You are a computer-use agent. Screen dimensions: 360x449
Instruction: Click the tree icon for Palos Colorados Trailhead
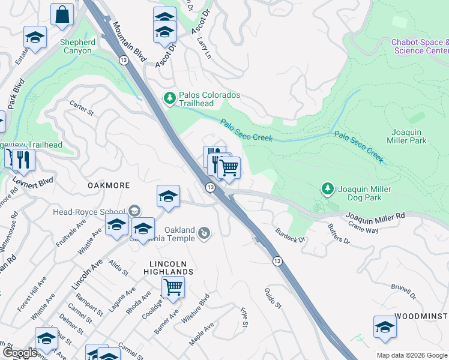point(170,98)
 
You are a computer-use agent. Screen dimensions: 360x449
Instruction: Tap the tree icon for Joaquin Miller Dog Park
point(328,190)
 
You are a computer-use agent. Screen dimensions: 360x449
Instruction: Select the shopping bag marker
point(62,15)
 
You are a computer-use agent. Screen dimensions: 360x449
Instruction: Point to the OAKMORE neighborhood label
point(109,185)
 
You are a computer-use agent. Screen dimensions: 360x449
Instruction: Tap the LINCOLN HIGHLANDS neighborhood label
point(172,268)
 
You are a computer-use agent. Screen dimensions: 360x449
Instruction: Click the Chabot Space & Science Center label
point(420,46)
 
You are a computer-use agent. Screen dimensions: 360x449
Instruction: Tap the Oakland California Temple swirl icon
point(205,233)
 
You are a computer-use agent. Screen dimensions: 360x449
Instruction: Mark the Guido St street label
point(273,298)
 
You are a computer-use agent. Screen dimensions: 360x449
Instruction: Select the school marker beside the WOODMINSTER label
point(385,327)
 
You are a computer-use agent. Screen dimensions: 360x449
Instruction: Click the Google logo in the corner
point(19,352)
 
